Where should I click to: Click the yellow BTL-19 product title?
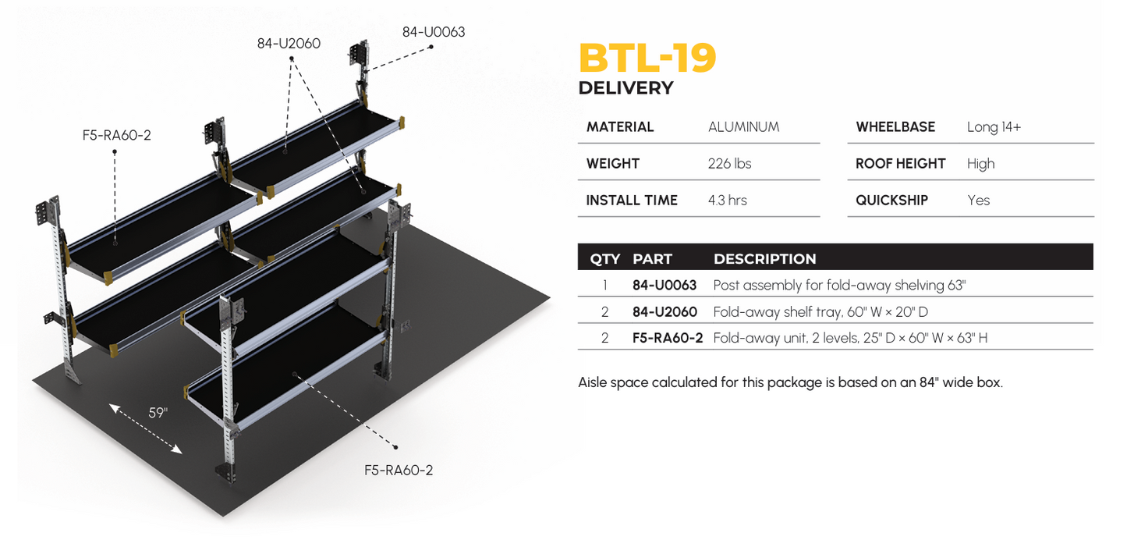click(647, 58)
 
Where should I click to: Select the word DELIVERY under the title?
click(626, 88)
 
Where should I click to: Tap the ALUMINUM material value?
click(743, 127)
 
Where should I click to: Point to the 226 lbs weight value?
click(729, 164)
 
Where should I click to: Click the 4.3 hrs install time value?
click(727, 201)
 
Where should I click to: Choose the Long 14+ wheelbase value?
click(994, 127)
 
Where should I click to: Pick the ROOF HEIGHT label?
click(900, 164)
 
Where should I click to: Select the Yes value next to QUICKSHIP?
click(978, 201)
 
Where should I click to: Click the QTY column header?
click(605, 259)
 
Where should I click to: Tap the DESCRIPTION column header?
click(764, 259)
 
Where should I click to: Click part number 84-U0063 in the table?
click(664, 286)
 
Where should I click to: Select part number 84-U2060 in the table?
click(664, 312)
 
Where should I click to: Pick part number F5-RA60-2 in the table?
click(667, 338)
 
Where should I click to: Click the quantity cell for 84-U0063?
click(604, 286)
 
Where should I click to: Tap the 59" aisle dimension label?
click(158, 413)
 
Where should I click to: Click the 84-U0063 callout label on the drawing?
click(434, 32)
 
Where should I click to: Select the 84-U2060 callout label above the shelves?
click(289, 44)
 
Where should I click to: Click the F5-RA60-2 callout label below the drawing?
click(399, 471)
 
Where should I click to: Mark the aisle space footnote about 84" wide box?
click(790, 383)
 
